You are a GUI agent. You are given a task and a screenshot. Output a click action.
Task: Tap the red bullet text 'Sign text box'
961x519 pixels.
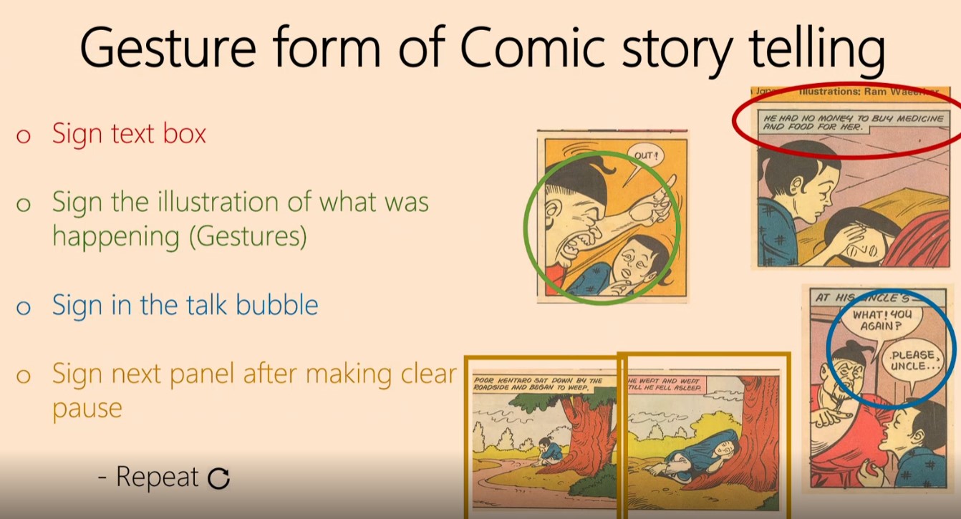[129, 134]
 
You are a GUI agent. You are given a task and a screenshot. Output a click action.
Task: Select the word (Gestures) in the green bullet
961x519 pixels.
[248, 236]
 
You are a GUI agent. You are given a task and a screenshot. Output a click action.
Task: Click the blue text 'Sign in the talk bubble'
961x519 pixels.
[185, 306]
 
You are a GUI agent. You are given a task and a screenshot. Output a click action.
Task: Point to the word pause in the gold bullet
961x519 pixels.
[87, 409]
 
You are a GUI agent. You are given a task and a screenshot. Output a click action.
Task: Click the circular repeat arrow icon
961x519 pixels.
[218, 478]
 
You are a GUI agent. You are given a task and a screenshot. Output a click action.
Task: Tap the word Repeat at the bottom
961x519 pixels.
[157, 477]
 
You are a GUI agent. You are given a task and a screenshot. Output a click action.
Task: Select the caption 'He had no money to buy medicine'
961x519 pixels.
[852, 122]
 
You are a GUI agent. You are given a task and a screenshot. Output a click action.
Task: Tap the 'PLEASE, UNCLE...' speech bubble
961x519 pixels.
[912, 361]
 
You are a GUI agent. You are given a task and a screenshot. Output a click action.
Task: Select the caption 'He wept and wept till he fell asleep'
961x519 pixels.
[665, 386]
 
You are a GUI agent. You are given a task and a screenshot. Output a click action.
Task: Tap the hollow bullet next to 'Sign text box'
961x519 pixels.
[24, 136]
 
